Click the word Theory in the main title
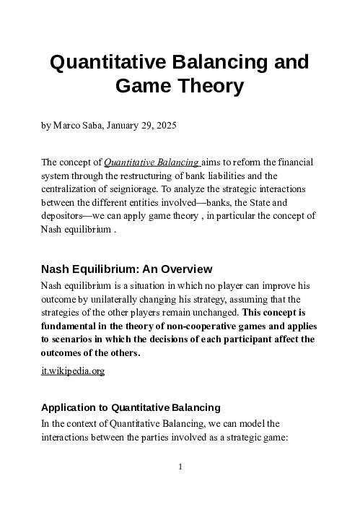(x=206, y=87)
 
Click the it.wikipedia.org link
(x=73, y=370)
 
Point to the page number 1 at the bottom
(x=180, y=467)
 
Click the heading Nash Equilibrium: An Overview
(x=126, y=270)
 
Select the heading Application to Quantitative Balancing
(x=131, y=407)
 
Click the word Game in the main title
(x=139, y=87)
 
